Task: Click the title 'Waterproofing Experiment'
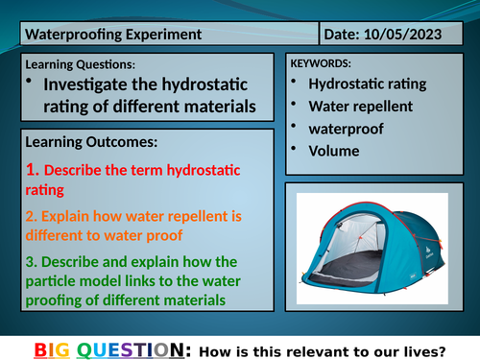(112, 35)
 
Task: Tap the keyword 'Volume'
(334, 150)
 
